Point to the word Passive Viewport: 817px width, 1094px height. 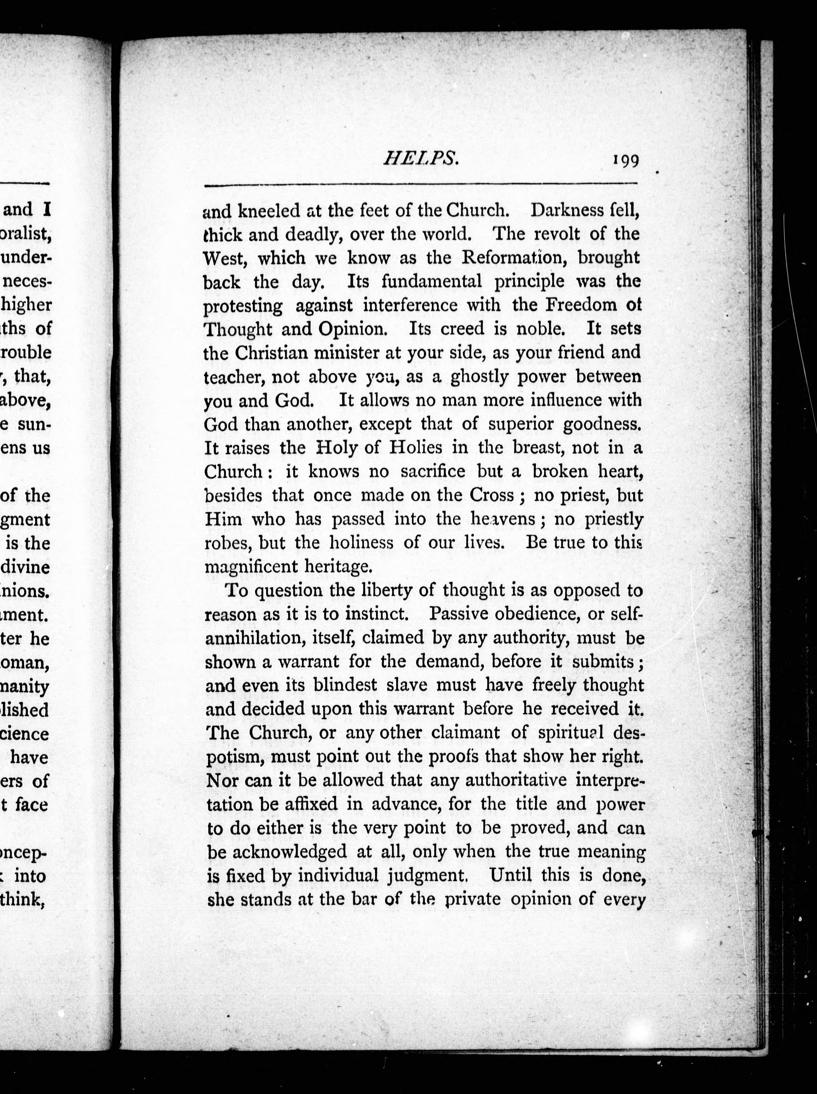460,614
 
